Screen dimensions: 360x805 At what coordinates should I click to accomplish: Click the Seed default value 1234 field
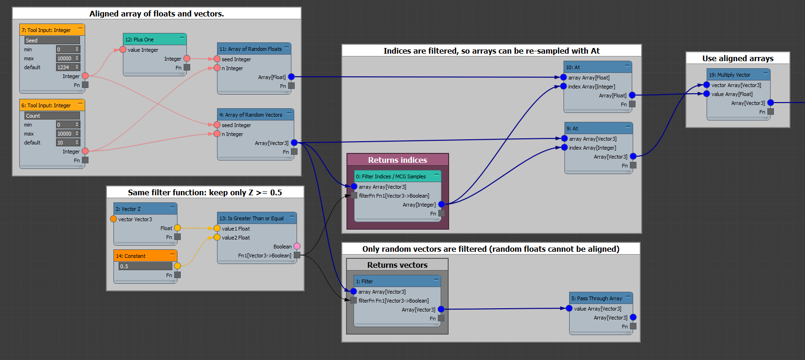(x=65, y=67)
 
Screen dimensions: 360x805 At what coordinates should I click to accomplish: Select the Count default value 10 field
(x=65, y=143)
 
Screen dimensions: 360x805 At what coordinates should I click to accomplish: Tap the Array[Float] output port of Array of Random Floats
(x=291, y=77)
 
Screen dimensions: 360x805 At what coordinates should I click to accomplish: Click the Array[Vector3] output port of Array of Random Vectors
(x=294, y=143)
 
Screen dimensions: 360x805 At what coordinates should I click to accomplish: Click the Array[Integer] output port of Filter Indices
(x=442, y=204)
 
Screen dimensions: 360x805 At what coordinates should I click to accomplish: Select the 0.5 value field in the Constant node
(x=145, y=266)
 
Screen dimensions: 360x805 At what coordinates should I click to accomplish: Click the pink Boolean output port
(x=297, y=246)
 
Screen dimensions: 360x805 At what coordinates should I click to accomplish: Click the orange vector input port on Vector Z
(x=113, y=219)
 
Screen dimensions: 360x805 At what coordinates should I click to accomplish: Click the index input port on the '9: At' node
(x=564, y=147)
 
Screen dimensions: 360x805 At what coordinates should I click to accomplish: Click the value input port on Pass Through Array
(x=569, y=308)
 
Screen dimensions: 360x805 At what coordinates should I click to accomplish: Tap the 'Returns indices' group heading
(x=397, y=160)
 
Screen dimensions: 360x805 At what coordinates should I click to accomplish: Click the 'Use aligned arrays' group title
(x=738, y=58)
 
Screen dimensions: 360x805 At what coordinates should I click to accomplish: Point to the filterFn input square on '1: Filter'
(x=354, y=300)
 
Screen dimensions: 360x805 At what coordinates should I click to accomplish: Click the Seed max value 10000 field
(x=65, y=58)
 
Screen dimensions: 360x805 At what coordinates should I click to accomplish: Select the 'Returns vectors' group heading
(x=397, y=265)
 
